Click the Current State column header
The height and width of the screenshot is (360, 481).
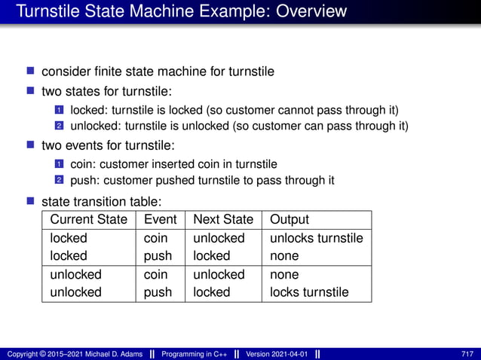click(x=88, y=220)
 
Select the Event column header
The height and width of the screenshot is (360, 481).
click(x=160, y=220)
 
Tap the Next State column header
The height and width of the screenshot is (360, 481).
click(x=223, y=220)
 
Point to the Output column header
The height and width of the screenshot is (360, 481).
click(x=290, y=220)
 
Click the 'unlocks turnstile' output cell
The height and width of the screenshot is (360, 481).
click(x=317, y=238)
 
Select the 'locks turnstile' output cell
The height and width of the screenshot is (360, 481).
click(x=309, y=291)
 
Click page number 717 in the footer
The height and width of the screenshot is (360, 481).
click(x=467, y=354)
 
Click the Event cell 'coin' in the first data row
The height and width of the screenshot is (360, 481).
click(x=155, y=238)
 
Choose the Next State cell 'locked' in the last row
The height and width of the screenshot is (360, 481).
click(x=211, y=291)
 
